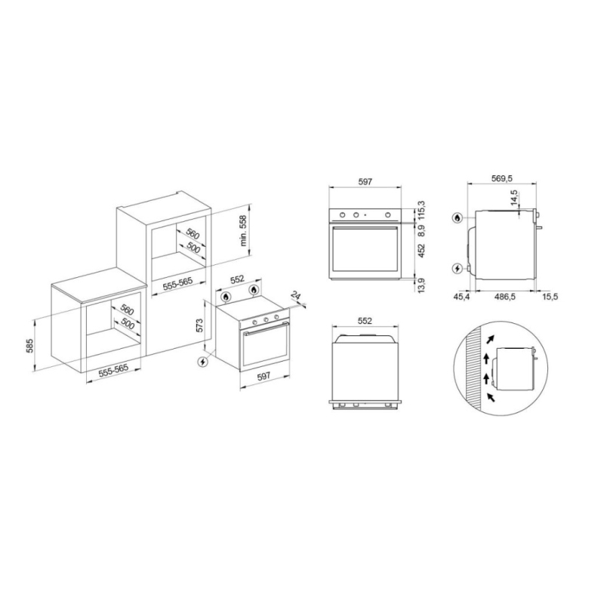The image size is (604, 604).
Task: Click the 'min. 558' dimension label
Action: pyautogui.click(x=243, y=230)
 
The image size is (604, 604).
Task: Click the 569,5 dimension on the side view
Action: pyautogui.click(x=501, y=178)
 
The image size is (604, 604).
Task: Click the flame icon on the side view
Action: pyautogui.click(x=458, y=218)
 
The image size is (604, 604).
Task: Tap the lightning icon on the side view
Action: pyautogui.click(x=458, y=269)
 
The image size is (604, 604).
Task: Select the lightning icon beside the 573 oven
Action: pyautogui.click(x=202, y=362)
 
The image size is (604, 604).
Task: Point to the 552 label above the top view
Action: pyautogui.click(x=365, y=321)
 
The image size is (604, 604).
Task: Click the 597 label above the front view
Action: pyautogui.click(x=365, y=181)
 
